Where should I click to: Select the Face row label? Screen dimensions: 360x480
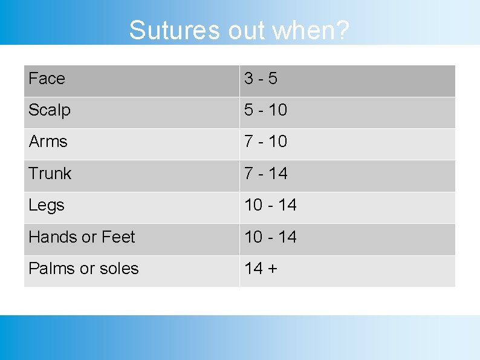point(47,79)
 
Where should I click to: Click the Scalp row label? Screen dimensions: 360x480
point(50,110)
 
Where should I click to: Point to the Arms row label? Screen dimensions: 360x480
point(48,142)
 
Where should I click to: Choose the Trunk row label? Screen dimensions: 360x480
point(50,174)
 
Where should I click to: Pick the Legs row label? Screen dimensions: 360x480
point(47,205)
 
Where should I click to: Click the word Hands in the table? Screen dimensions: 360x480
point(53,237)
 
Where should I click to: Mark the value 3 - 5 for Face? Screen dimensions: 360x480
point(261,79)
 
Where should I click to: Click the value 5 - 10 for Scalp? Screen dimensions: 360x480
point(265,110)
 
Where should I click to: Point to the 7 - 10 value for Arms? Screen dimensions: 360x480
point(265,142)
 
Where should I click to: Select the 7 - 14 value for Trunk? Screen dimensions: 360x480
point(265,174)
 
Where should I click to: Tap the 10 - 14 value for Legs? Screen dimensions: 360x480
point(270,205)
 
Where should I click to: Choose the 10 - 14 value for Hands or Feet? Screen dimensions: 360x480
point(270,237)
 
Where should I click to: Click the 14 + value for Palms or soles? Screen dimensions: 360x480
point(261,268)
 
